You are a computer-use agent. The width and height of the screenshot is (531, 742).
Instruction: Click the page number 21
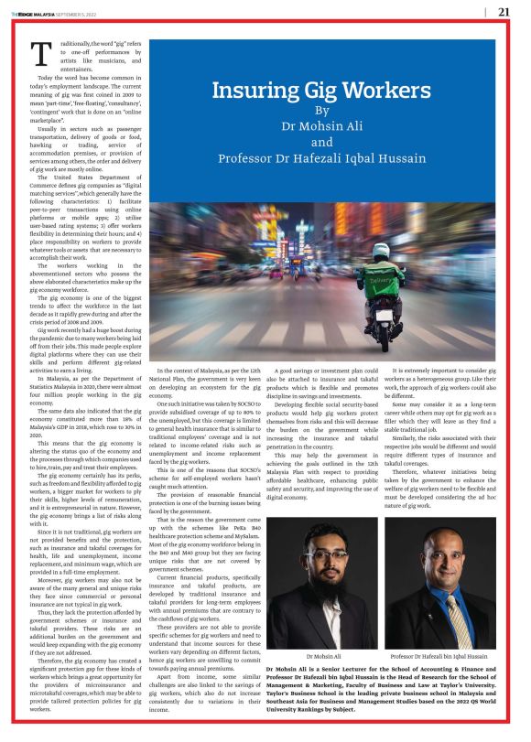click(504, 12)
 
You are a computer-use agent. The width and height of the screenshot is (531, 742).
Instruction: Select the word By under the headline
click(321, 112)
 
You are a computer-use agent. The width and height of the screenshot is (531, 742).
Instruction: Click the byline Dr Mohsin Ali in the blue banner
click(321, 127)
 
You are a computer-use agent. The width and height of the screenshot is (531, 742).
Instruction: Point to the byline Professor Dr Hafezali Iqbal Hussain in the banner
click(321, 158)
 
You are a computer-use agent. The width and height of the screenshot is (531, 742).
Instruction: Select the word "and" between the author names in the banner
click(321, 143)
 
